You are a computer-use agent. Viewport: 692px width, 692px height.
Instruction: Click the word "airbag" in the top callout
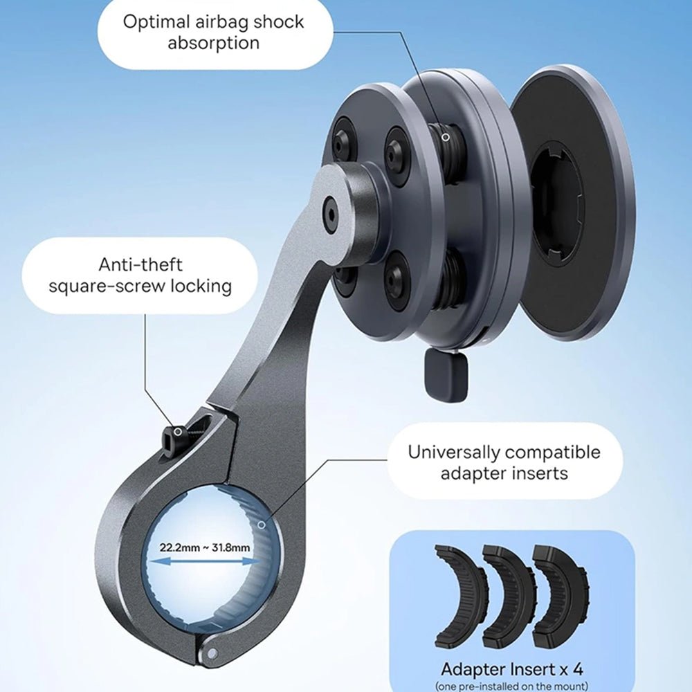(x=208, y=22)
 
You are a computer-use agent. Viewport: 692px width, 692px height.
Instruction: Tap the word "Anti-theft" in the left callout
(x=140, y=265)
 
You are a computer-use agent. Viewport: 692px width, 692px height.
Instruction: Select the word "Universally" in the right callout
(x=453, y=453)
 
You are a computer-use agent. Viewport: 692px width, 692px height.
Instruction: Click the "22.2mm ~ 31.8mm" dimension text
(x=205, y=547)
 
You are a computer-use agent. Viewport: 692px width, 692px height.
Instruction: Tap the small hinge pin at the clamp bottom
(x=212, y=653)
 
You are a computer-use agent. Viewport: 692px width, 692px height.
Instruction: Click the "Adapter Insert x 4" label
(x=512, y=669)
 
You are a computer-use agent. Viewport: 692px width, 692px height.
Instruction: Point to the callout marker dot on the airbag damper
(x=446, y=137)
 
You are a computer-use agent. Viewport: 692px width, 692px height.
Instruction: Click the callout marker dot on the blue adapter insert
(x=262, y=525)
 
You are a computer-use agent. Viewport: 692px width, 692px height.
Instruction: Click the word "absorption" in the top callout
(x=214, y=44)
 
